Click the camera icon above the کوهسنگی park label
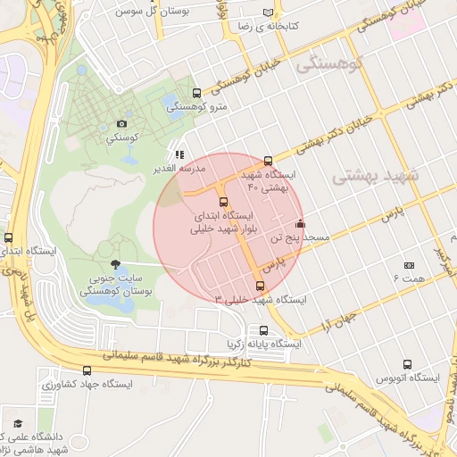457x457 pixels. tap(121, 124)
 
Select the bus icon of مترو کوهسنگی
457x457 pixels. tap(196, 93)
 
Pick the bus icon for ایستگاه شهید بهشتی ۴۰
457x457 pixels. tap(269, 161)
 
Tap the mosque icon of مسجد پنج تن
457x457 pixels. tap(300, 224)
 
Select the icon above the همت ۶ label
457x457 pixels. tap(410, 265)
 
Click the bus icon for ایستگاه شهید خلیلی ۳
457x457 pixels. tap(260, 286)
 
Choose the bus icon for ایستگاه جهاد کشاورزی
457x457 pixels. tap(87, 370)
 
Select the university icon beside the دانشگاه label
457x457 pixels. tap(17, 423)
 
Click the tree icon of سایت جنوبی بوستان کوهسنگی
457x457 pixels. tap(114, 263)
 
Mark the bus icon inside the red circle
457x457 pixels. tap(223, 202)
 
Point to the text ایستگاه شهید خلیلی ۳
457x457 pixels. tap(260, 300)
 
